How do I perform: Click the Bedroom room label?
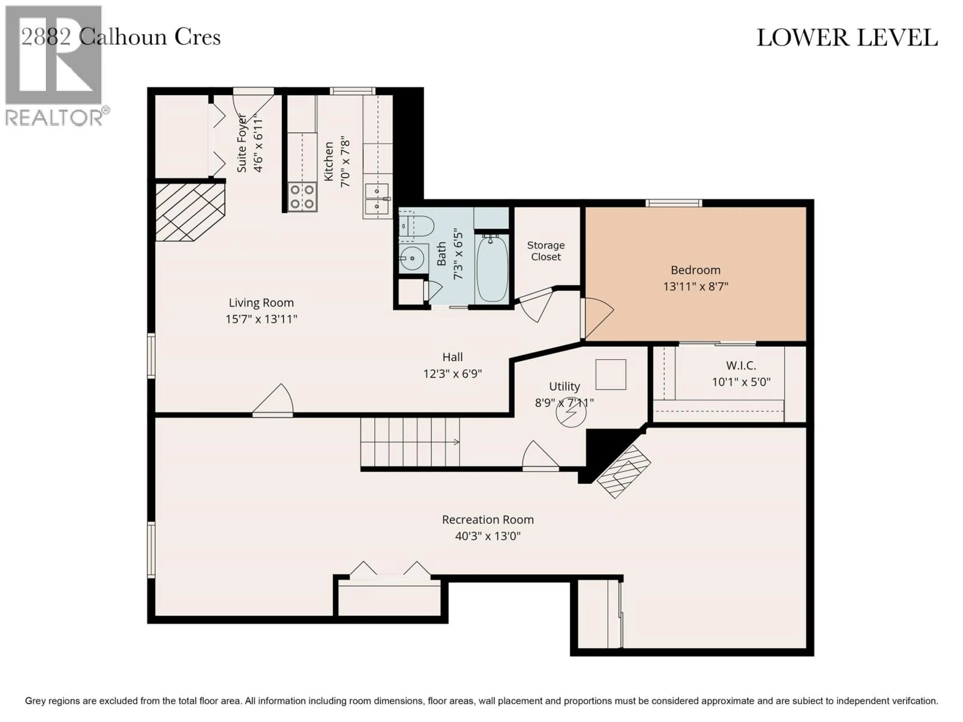695,270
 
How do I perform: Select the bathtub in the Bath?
492,268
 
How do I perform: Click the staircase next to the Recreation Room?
409,442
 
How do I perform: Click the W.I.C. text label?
741,366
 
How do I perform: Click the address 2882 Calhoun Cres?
121,37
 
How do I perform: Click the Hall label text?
452,357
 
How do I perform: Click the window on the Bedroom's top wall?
674,203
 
